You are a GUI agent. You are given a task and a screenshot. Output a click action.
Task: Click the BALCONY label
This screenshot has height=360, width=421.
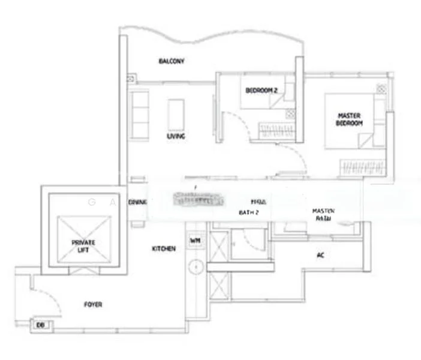[x=172, y=61]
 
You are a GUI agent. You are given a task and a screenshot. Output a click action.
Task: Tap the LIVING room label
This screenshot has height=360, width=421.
[x=176, y=136]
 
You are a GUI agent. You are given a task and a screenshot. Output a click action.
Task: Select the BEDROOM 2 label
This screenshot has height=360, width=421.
[x=261, y=91]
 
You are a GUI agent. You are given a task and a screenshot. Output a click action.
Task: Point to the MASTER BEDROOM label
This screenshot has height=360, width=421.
[x=348, y=119]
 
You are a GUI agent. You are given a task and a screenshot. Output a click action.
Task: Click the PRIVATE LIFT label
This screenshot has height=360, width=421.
[x=83, y=245]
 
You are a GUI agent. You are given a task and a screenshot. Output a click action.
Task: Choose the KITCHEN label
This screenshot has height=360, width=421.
[x=164, y=248]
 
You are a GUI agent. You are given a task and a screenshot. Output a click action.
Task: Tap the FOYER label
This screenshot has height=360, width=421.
[x=93, y=305]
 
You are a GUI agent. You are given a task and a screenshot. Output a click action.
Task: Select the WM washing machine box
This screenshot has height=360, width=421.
[x=194, y=241]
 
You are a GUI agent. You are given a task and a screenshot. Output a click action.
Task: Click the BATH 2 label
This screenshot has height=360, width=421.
[x=248, y=212]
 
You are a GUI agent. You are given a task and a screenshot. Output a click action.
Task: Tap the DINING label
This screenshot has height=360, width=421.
[x=137, y=202]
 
